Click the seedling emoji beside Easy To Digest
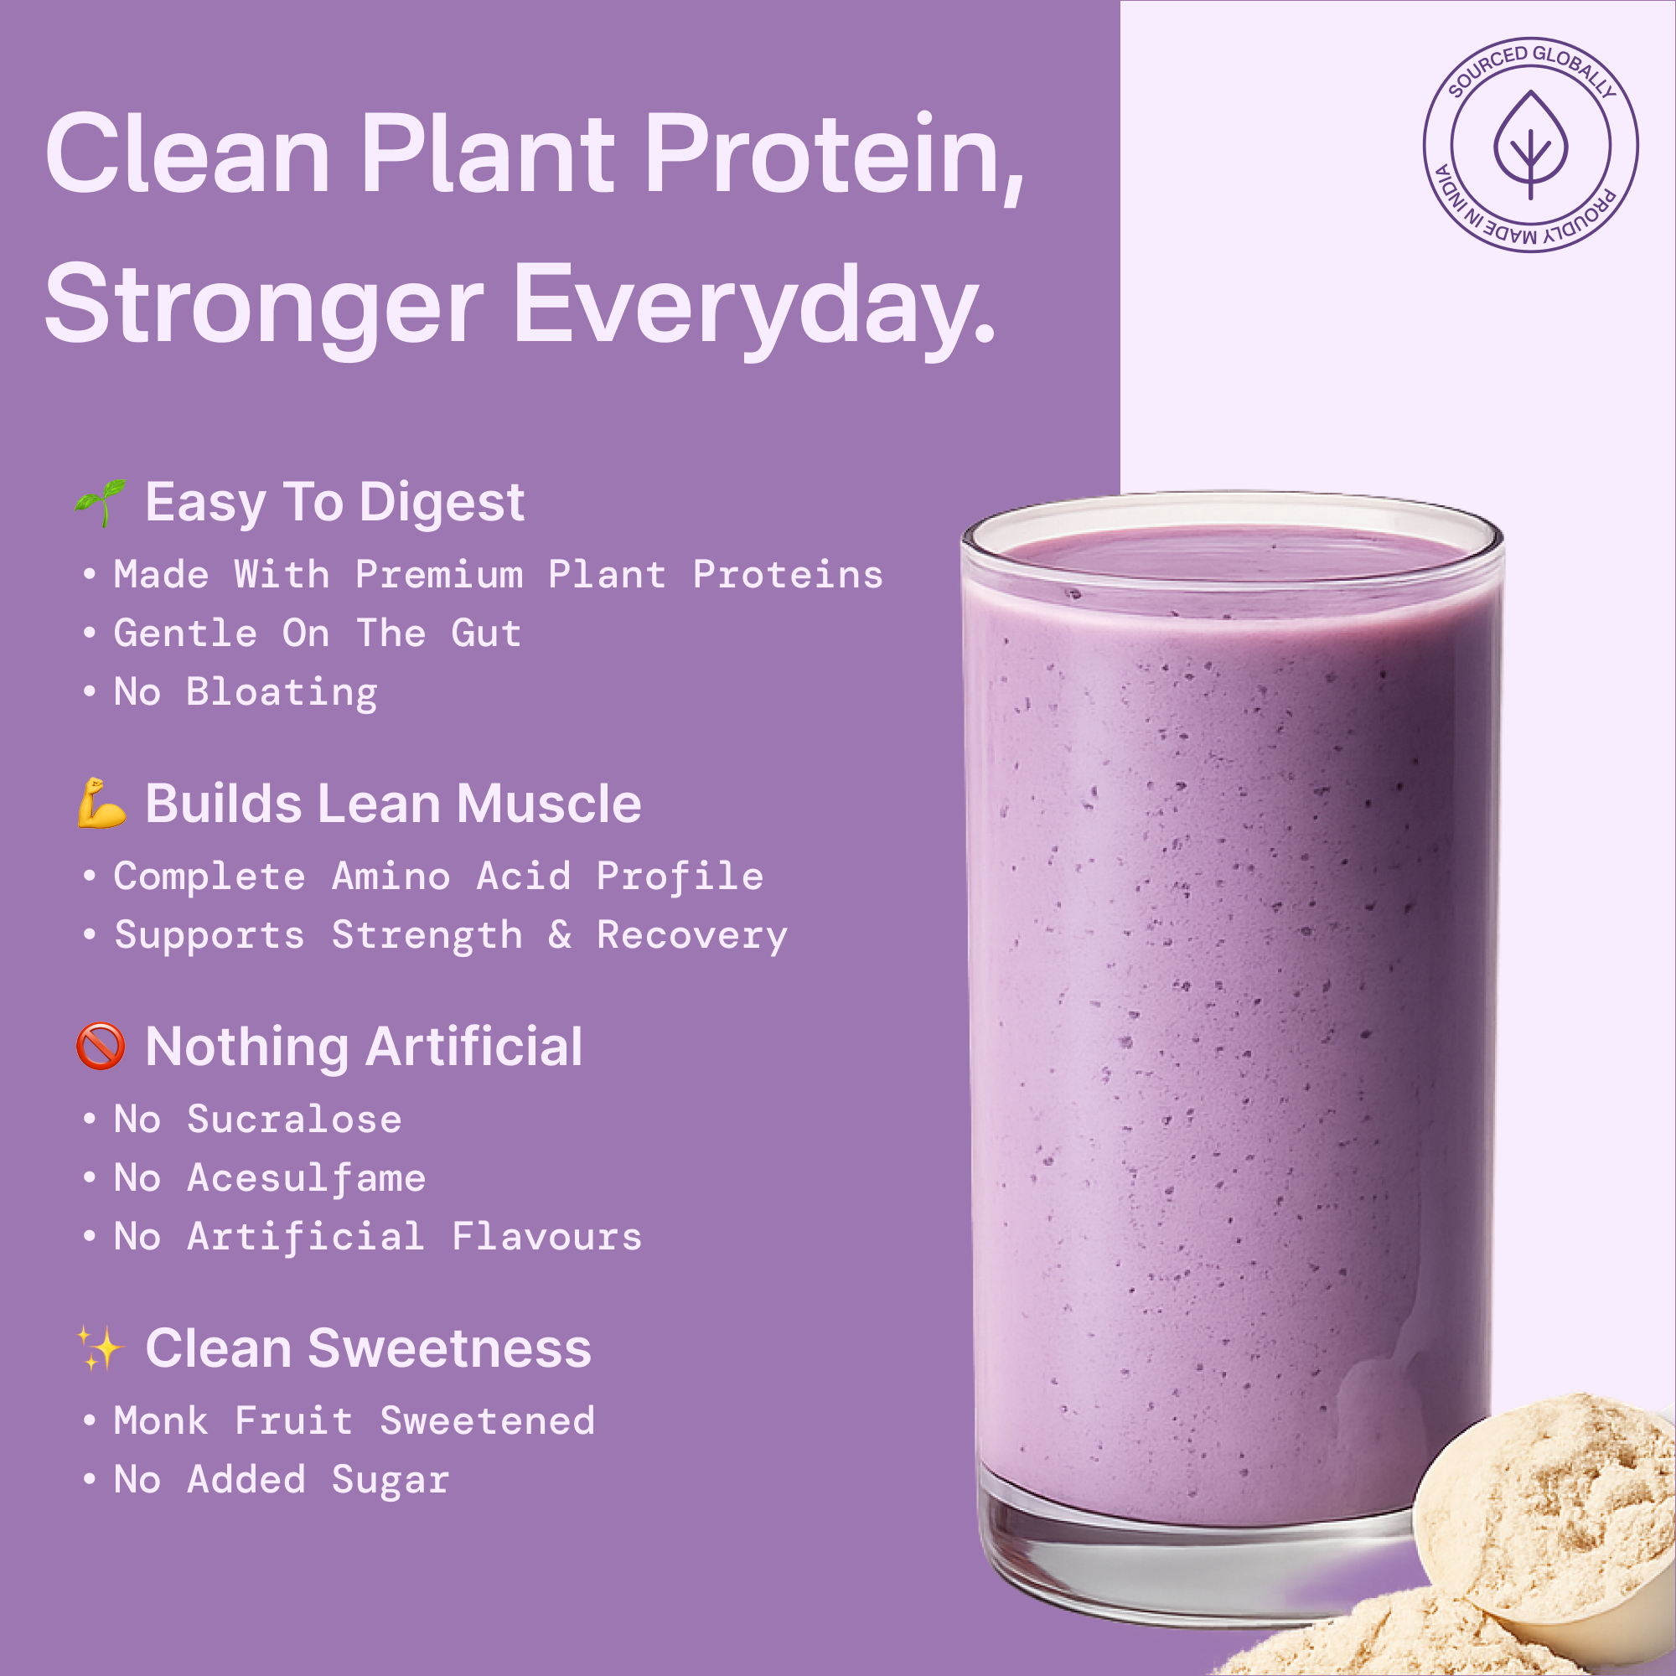[101, 502]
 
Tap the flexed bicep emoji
[101, 804]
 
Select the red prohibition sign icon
[101, 1046]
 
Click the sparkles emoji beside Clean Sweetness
[101, 1348]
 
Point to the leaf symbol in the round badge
[1530, 144]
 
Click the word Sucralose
[294, 1119]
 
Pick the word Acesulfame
[306, 1178]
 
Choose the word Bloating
[282, 692]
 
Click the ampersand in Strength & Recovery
[560, 934]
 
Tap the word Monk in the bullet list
[162, 1421]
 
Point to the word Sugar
[391, 1480]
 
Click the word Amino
[391, 877]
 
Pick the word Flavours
[546, 1237]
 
